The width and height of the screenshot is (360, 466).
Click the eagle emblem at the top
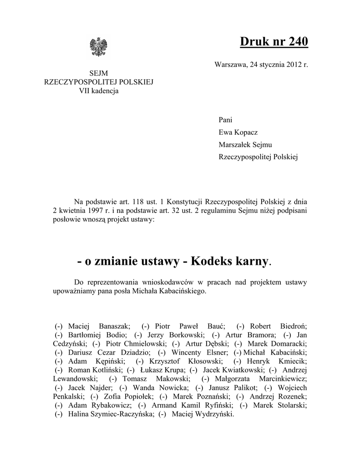point(99,47)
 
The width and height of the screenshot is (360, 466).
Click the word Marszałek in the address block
point(234,145)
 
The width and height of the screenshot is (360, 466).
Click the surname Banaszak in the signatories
point(112,326)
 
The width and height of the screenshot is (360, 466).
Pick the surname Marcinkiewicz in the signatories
point(283,379)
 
